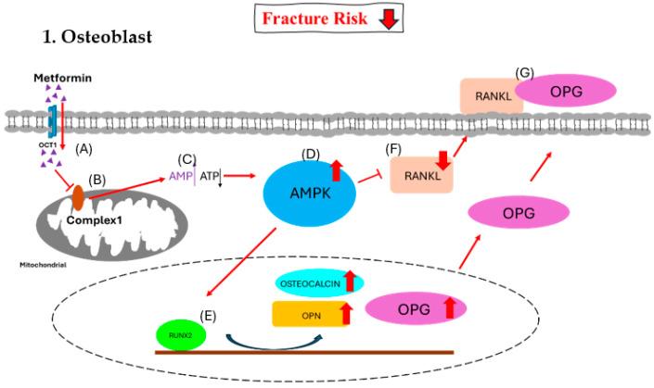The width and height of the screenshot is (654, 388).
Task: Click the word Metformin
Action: click(58, 81)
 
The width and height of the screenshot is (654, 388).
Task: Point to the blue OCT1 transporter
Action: click(53, 121)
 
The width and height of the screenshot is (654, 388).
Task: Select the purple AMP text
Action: click(179, 173)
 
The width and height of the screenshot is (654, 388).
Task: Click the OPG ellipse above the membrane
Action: click(565, 95)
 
